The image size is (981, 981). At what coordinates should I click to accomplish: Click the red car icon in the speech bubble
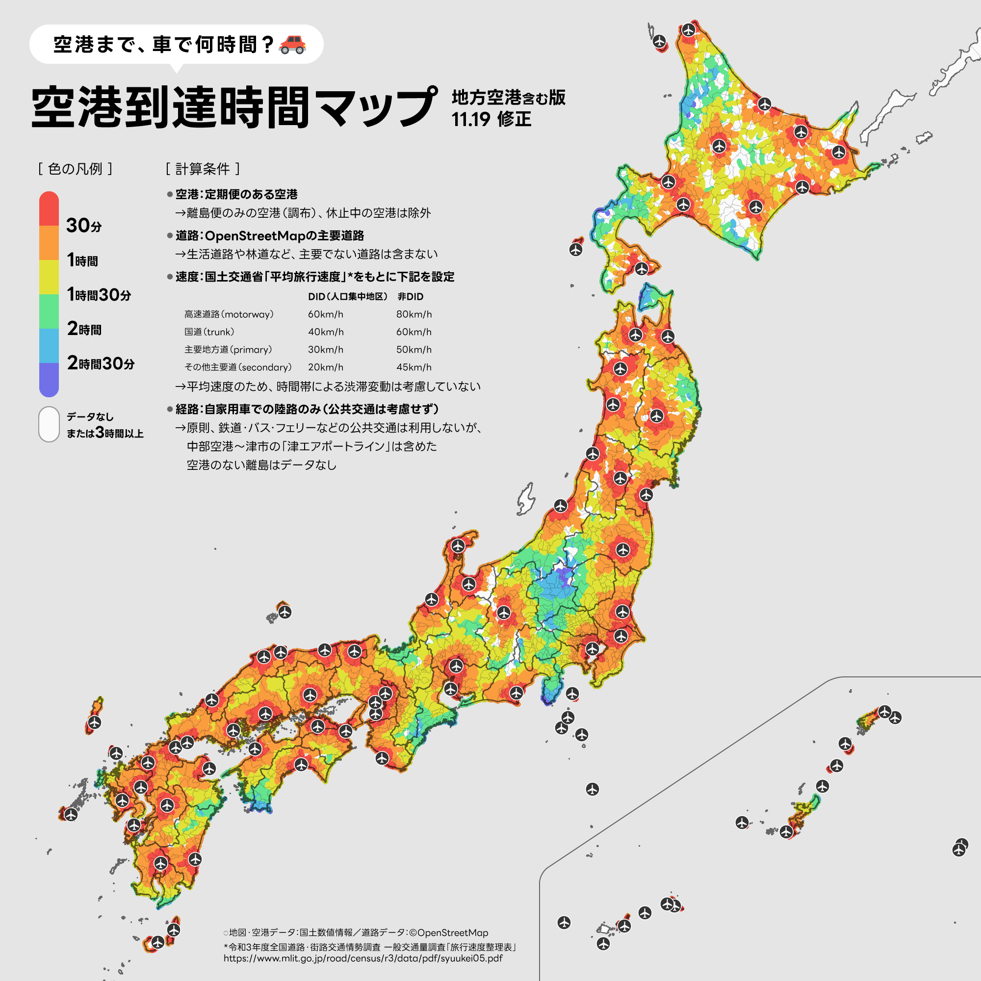coord(292,45)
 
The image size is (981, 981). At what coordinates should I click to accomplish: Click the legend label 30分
coord(84,225)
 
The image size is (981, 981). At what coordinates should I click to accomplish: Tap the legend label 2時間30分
coord(101,363)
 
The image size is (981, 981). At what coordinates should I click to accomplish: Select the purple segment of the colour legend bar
coord(49,380)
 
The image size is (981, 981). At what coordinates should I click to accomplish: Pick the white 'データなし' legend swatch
coord(49,424)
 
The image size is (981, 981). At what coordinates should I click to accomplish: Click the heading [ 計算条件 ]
coord(203,169)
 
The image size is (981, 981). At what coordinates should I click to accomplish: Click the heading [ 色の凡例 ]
coord(75,169)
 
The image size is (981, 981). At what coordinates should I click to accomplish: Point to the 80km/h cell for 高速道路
coord(414,314)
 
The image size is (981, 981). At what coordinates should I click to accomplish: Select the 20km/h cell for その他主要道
coord(326,367)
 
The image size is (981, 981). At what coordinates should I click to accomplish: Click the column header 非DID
coord(410,297)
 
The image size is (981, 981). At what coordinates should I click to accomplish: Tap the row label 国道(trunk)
coord(209,332)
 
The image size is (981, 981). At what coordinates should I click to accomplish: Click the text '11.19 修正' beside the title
coord(491,119)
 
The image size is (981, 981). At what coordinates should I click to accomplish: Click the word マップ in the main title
coord(376,107)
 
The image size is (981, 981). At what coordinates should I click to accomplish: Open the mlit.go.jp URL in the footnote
coord(363,958)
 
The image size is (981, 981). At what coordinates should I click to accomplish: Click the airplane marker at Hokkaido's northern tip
coord(689,29)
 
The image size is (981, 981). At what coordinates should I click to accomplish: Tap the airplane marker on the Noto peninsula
coord(458,546)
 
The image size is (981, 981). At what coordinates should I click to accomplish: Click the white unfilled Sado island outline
coord(526,499)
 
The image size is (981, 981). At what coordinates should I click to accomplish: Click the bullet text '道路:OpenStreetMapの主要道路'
coord(269,235)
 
